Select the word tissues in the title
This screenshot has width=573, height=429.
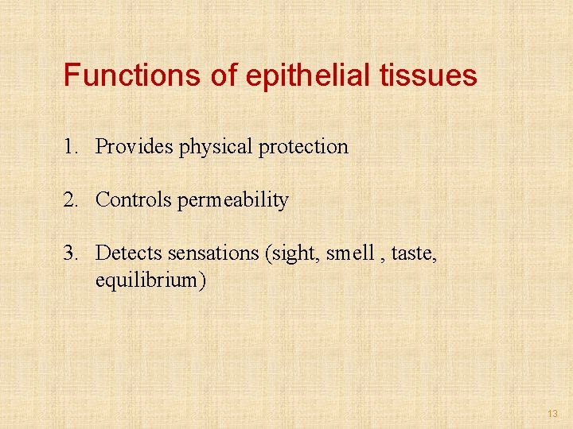point(430,75)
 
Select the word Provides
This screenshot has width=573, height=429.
point(134,147)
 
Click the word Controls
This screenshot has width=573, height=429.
point(134,200)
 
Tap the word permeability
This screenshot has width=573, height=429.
point(233,200)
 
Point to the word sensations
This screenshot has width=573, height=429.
point(212,253)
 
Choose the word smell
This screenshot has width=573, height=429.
point(349,253)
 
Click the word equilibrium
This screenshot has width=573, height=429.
point(146,280)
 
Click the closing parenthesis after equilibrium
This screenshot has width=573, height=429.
point(203,280)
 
